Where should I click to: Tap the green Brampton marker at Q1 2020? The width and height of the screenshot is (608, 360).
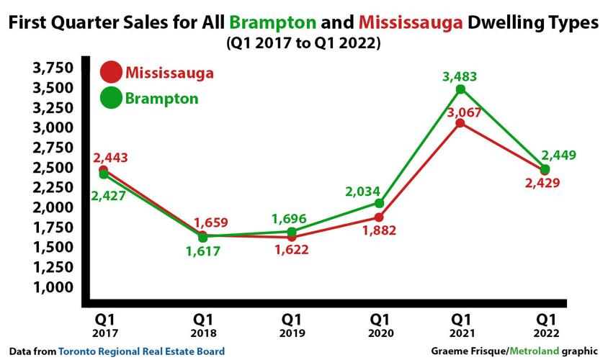click(380, 203)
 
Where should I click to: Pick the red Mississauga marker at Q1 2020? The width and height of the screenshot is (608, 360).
click(380, 217)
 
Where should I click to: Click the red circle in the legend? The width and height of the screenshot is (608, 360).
click(111, 73)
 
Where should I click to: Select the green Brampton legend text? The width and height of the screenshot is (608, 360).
click(161, 98)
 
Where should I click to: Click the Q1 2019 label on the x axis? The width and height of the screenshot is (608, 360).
click(291, 323)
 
